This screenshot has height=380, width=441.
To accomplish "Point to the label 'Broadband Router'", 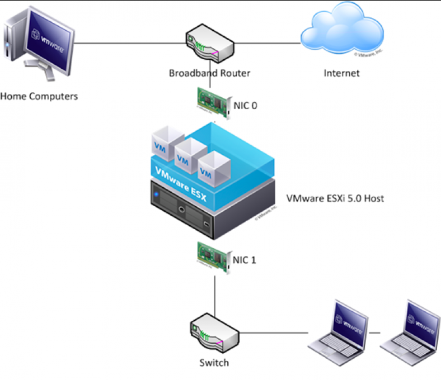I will (x=210, y=73).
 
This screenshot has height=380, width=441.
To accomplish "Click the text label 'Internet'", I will (x=341, y=73).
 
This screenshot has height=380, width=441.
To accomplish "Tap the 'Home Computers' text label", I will (x=39, y=96).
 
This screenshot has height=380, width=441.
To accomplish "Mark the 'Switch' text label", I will (x=214, y=363).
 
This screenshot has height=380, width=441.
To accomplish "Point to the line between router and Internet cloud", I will (x=266, y=43).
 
